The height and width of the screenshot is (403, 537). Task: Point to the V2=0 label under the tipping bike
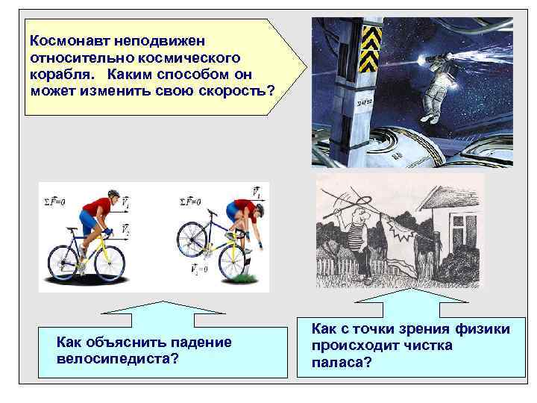click(x=200, y=268)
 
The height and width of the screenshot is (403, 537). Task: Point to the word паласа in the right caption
click(x=336, y=363)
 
